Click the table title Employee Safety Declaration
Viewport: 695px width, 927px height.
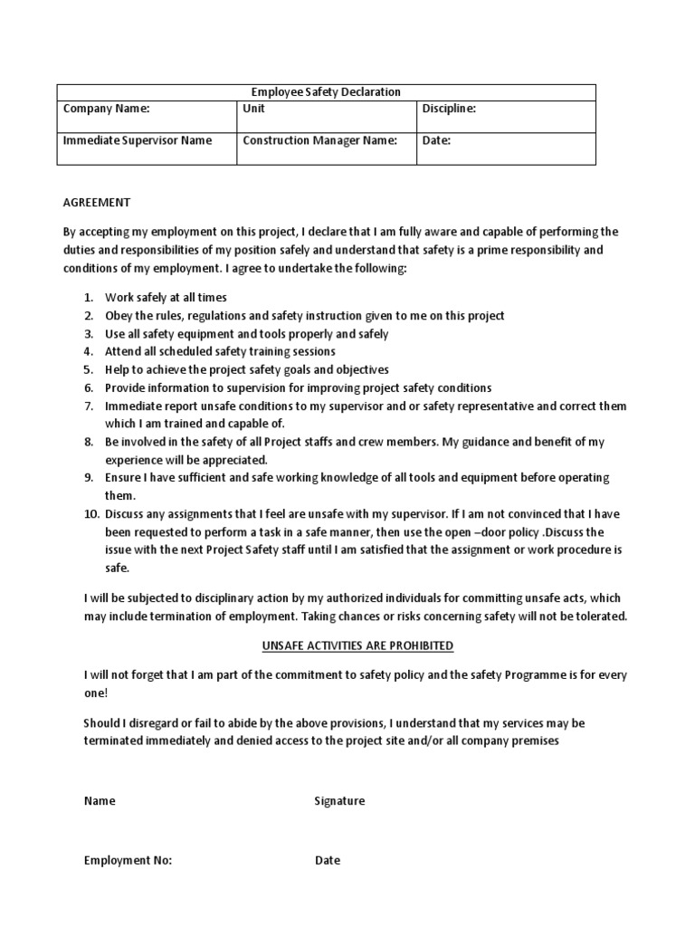pyautogui.click(x=325, y=91)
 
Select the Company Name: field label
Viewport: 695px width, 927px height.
pyautogui.click(x=106, y=109)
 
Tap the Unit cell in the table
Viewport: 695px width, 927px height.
pyautogui.click(x=254, y=109)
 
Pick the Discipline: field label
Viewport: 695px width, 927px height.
pyautogui.click(x=449, y=109)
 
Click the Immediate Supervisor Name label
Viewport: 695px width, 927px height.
pyautogui.click(x=137, y=140)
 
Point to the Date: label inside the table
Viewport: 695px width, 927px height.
pyautogui.click(x=436, y=140)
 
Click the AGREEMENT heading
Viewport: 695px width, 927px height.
pyautogui.click(x=97, y=202)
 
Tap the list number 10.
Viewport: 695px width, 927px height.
pyautogui.click(x=90, y=513)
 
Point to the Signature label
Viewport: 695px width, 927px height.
pyautogui.click(x=339, y=801)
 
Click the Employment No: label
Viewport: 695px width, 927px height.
pyautogui.click(x=128, y=860)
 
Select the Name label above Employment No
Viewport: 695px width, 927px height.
pyautogui.click(x=100, y=801)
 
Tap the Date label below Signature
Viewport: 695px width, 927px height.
pyautogui.click(x=328, y=860)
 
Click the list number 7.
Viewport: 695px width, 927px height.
pyautogui.click(x=89, y=406)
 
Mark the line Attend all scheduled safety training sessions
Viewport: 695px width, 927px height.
pyautogui.click(x=220, y=351)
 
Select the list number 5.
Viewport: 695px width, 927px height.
pyautogui.click(x=89, y=369)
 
